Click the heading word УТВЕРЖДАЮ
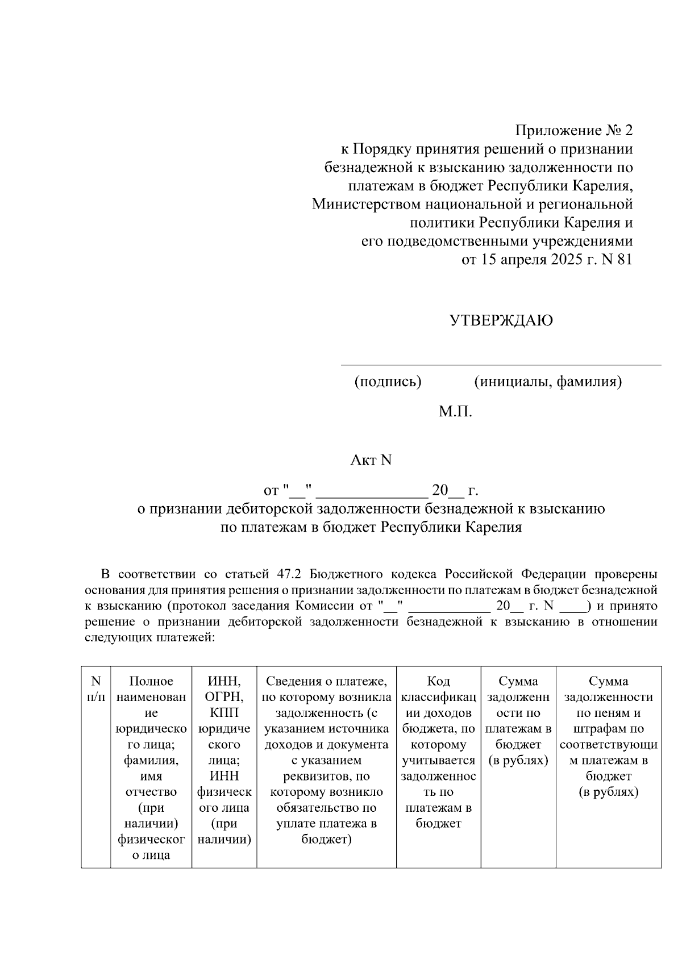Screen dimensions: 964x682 click(x=501, y=321)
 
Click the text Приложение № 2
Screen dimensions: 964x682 click(x=573, y=131)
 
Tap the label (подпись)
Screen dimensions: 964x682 click(x=388, y=382)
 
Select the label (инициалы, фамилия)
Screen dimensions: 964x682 click(x=548, y=382)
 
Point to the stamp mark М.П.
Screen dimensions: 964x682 click(x=455, y=411)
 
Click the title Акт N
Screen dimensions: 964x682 click(x=371, y=460)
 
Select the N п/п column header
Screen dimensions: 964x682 click(x=96, y=688)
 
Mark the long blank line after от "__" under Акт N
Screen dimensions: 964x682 click(x=372, y=495)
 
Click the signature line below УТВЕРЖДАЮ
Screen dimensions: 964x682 click(x=501, y=365)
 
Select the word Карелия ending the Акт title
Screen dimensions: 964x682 click(x=494, y=528)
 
